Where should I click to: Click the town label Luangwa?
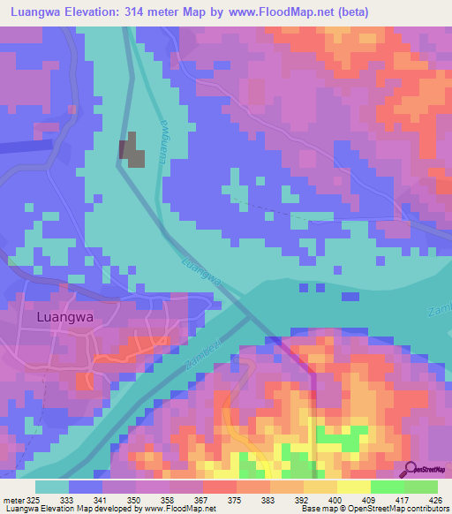pos(64,316)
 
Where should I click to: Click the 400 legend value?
pos(334,499)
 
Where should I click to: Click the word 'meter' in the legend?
pos(15,499)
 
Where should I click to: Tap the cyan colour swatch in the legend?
pos(52,487)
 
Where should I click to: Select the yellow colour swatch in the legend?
pos(354,487)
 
